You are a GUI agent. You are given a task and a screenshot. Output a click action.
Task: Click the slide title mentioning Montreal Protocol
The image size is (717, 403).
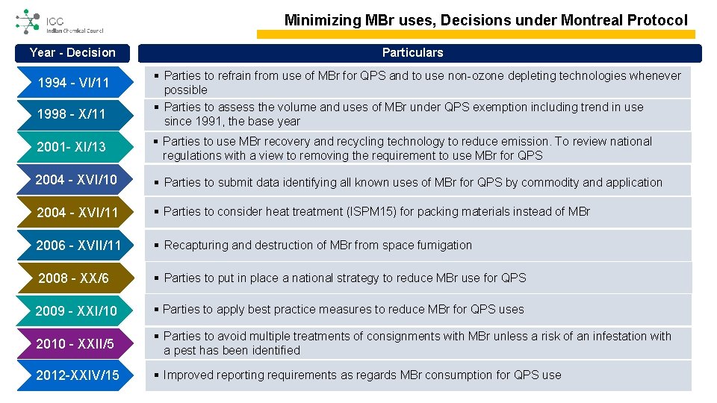click(485, 20)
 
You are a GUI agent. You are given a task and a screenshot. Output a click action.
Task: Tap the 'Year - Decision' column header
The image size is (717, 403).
click(72, 52)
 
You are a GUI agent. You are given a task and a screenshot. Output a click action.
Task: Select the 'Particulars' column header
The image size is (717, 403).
click(412, 52)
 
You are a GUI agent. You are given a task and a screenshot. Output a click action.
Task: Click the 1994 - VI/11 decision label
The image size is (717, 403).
click(73, 83)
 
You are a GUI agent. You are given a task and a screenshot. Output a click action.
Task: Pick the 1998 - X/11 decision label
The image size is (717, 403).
click(72, 114)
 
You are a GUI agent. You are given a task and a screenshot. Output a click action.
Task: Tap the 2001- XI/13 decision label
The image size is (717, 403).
click(72, 147)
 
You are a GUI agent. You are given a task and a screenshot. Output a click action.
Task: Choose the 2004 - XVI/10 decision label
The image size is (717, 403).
click(76, 180)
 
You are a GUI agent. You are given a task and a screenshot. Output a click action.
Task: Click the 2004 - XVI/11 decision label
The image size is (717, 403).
click(77, 213)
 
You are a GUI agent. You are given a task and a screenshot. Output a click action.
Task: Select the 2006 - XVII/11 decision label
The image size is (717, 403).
click(78, 246)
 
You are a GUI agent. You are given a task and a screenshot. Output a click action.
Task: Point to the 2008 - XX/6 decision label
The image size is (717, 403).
click(73, 278)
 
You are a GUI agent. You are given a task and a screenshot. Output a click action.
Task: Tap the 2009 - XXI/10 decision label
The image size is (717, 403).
click(76, 310)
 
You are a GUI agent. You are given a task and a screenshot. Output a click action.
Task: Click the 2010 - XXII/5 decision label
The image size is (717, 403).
click(75, 343)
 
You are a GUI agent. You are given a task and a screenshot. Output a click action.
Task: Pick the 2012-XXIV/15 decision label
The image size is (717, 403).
click(77, 375)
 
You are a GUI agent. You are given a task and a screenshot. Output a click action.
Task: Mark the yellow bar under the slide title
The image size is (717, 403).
click(476, 34)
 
